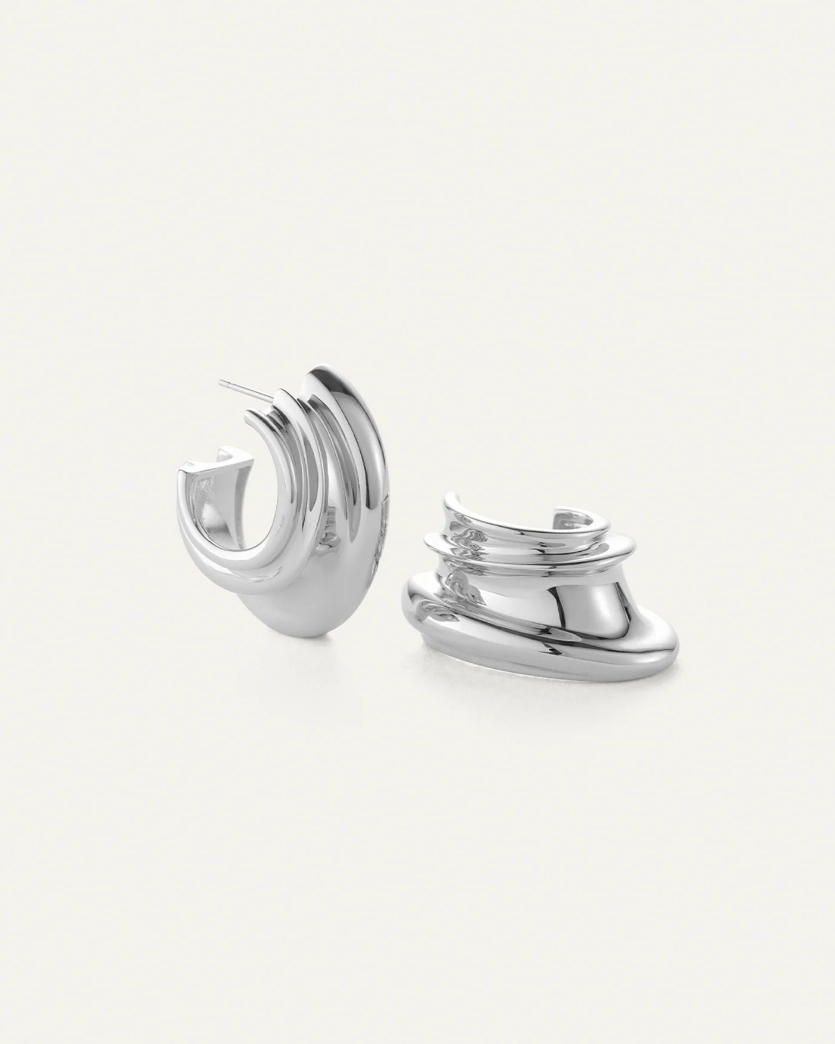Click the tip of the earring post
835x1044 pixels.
[221, 381]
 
